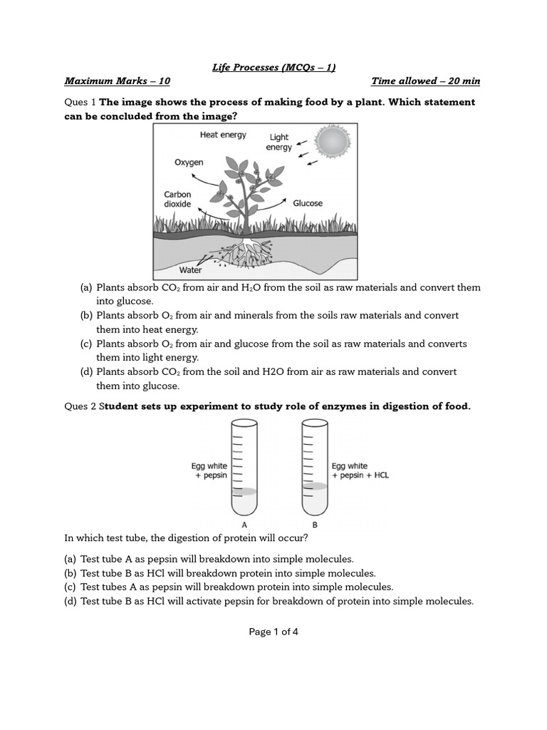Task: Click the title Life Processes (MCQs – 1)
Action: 273,68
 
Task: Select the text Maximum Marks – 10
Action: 118,81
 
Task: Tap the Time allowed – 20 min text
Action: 425,81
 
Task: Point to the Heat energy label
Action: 223,135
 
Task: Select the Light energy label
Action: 279,142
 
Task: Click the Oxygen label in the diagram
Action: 189,163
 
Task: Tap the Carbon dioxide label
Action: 177,199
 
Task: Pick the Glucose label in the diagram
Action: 308,203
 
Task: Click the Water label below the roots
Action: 190,270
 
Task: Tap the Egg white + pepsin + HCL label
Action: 360,471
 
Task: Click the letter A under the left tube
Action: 244,525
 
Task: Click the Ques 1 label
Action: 80,103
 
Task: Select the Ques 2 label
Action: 80,406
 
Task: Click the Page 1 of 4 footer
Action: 273,632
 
